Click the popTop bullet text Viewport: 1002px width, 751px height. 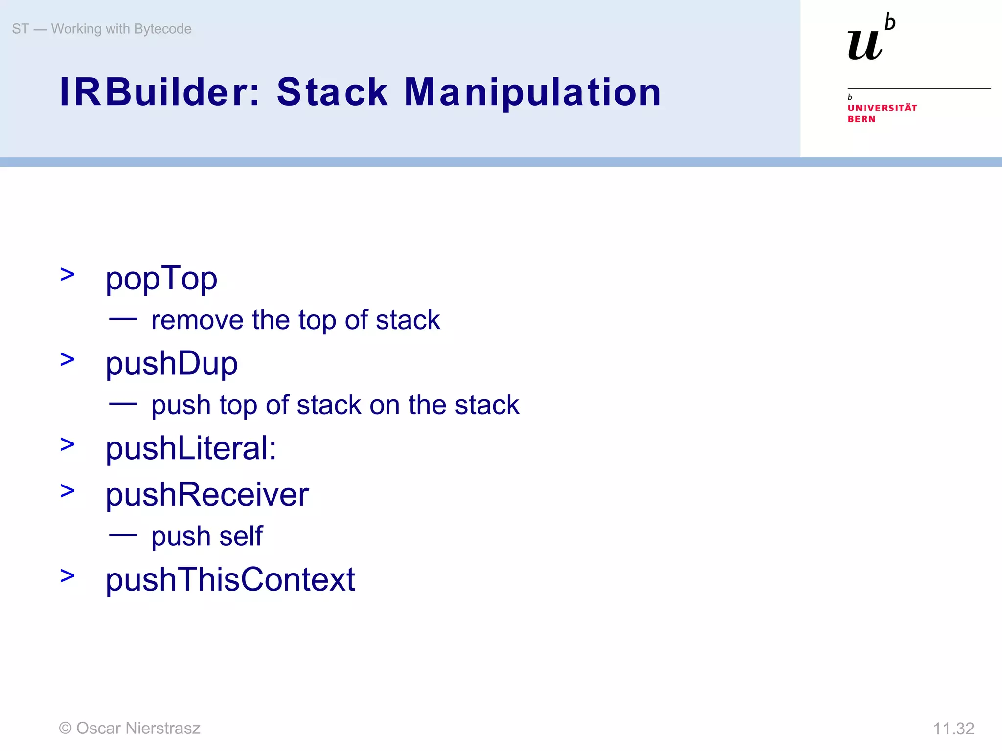(x=161, y=279)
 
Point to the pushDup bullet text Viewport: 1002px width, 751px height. (x=172, y=364)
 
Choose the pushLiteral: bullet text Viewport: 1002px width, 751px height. (x=191, y=448)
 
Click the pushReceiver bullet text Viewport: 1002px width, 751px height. (x=207, y=494)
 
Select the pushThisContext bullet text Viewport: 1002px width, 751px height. (x=230, y=579)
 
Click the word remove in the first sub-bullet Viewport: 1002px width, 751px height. (x=197, y=320)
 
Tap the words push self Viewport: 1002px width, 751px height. (x=207, y=536)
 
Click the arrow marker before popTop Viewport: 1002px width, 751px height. (x=68, y=275)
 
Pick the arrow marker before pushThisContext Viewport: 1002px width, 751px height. (x=68, y=576)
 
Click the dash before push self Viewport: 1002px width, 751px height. (x=123, y=535)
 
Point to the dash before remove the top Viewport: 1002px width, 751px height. (x=123, y=319)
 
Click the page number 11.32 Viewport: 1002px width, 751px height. (x=953, y=729)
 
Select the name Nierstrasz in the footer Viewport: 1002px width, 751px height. (x=163, y=728)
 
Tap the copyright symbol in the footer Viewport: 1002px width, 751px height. (x=65, y=729)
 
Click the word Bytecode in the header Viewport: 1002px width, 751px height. (x=162, y=29)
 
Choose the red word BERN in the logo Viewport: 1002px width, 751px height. (x=861, y=119)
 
